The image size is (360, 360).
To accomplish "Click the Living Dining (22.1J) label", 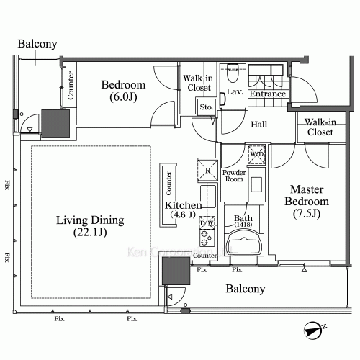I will click(91, 226).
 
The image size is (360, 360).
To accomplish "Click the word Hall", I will click(259, 125).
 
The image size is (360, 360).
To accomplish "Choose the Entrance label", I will click(267, 94).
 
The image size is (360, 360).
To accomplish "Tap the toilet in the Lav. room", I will click(232, 76).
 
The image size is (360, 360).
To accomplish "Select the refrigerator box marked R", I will click(207, 171).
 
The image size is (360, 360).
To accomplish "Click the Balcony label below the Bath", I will click(245, 289).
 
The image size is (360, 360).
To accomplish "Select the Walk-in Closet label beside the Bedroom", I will click(197, 83).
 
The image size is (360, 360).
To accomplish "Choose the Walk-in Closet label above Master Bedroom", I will click(319, 127).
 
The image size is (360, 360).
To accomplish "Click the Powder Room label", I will click(235, 177).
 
